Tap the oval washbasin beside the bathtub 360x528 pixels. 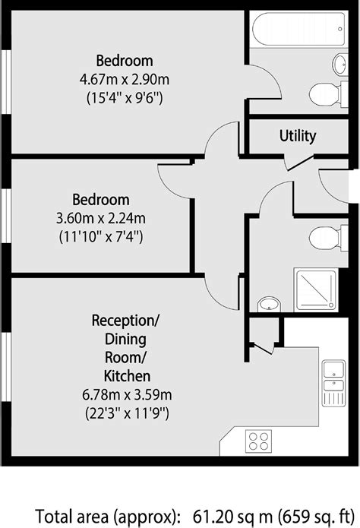click(x=340, y=63)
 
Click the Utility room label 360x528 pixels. click(x=297, y=137)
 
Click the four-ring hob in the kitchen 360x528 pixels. click(x=258, y=440)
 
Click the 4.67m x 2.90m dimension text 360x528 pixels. click(x=124, y=79)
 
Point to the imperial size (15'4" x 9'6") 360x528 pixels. click(x=124, y=97)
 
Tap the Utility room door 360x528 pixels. click(x=298, y=162)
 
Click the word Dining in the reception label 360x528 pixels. click(x=126, y=337)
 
